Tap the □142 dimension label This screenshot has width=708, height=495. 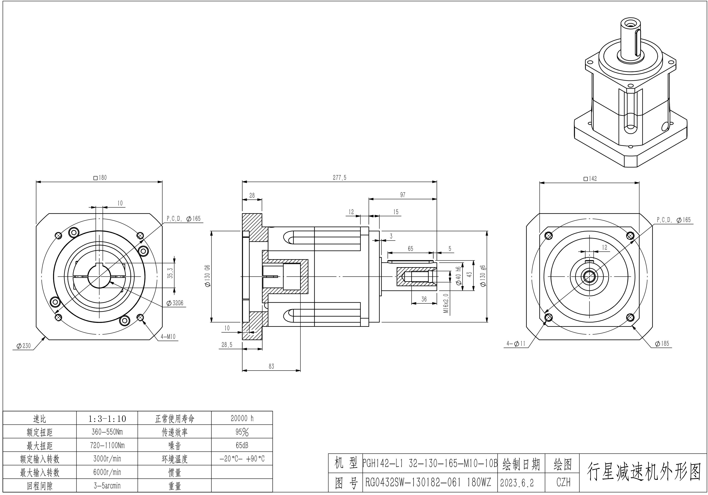[x=590, y=179]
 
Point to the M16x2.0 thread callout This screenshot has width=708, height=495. [x=446, y=303]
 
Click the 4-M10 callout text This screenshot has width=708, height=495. [x=168, y=336]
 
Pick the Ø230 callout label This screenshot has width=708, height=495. [x=23, y=346]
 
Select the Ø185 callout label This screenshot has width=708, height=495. [x=662, y=343]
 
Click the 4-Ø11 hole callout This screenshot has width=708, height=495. [x=516, y=343]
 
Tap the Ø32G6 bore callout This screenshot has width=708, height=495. [x=175, y=303]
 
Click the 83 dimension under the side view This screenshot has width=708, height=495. [x=271, y=366]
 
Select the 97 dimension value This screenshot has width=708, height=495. [x=403, y=195]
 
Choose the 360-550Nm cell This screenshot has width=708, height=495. [x=107, y=432]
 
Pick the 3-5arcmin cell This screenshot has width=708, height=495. [x=107, y=486]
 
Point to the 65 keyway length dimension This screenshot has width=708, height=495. [x=410, y=249]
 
